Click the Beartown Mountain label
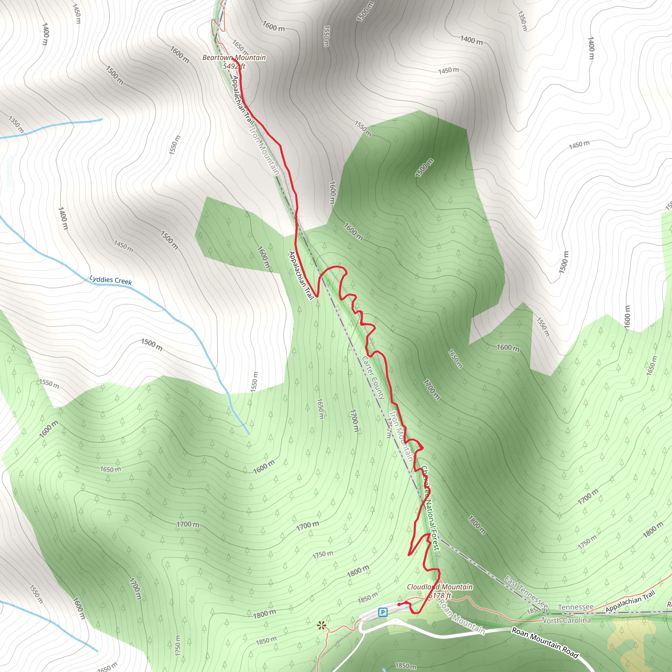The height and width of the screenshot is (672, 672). tap(234, 57)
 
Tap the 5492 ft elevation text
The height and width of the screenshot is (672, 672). tap(234, 66)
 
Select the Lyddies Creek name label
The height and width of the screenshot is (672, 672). tap(111, 280)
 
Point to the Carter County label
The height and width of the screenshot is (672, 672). tap(373, 377)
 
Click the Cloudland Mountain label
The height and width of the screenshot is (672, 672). tap(440, 587)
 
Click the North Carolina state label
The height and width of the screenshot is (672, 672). tap(566, 620)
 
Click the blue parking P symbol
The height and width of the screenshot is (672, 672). tap(383, 612)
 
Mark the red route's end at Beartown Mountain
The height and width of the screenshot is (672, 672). tap(232, 59)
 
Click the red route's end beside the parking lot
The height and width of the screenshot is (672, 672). tap(399, 605)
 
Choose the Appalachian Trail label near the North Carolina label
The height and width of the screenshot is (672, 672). tap(630, 602)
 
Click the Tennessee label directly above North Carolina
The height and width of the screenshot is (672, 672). tap(575, 607)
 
